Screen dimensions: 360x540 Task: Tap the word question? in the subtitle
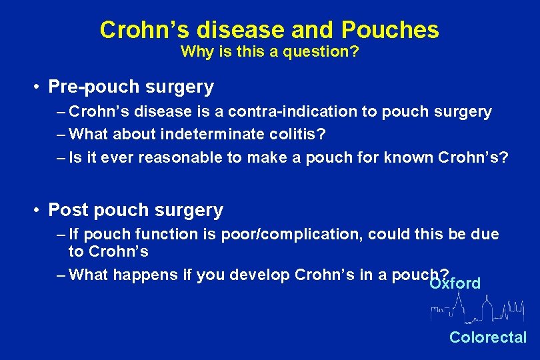click(x=326, y=52)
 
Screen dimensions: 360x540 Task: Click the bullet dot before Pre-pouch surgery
click(x=40, y=87)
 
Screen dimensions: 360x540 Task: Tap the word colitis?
click(x=299, y=135)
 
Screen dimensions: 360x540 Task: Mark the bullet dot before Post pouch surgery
click(x=40, y=211)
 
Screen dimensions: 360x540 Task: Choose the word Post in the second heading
click(x=69, y=211)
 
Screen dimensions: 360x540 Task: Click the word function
click(x=161, y=235)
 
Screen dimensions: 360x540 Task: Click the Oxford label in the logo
click(x=455, y=283)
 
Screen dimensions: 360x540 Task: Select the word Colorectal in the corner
click(x=487, y=337)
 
